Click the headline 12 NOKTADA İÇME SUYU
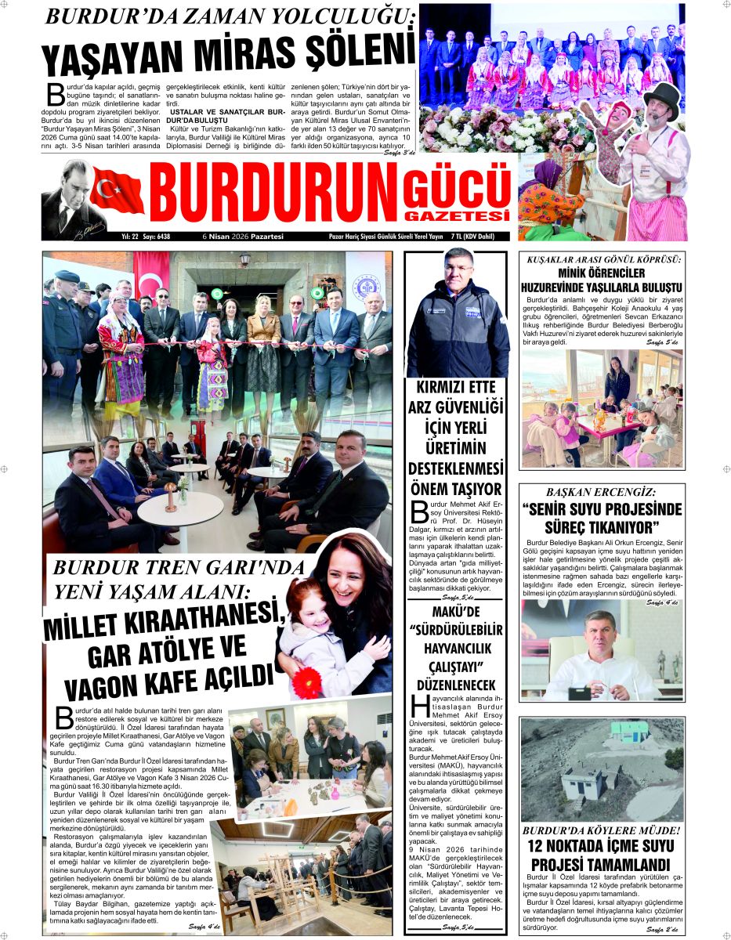[601, 847]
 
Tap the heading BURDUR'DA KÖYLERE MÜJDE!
[601, 830]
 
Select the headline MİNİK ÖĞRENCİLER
[601, 273]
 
